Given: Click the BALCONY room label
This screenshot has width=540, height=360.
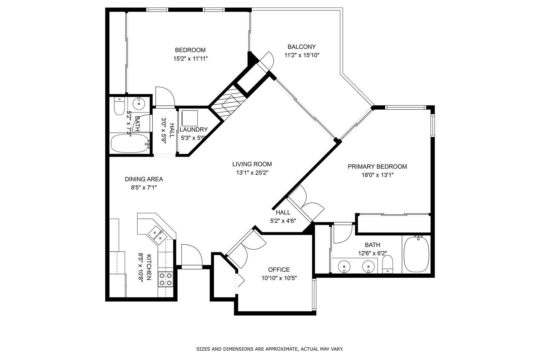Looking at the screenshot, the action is [301, 47].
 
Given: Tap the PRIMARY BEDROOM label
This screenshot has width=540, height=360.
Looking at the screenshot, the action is [377, 167].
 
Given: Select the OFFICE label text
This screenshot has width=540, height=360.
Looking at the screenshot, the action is [279, 270].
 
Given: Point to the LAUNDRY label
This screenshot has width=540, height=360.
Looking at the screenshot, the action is [194, 130].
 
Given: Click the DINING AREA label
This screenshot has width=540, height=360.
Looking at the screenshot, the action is [144, 179].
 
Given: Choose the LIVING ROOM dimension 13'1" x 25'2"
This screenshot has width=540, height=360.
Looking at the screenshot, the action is [252, 173].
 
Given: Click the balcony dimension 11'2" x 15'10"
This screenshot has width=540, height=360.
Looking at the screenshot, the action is [302, 55].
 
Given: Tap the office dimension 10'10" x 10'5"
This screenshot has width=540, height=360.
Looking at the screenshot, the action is [279, 278].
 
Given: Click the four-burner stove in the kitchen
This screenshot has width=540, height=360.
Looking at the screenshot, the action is [166, 279].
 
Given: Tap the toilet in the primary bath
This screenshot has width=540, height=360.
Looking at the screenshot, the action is [388, 264].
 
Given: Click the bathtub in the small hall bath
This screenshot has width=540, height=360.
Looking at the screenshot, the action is [130, 144].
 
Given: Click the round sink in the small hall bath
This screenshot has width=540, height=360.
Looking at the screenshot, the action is [139, 104].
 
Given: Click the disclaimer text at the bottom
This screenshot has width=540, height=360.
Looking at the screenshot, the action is [270, 349].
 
